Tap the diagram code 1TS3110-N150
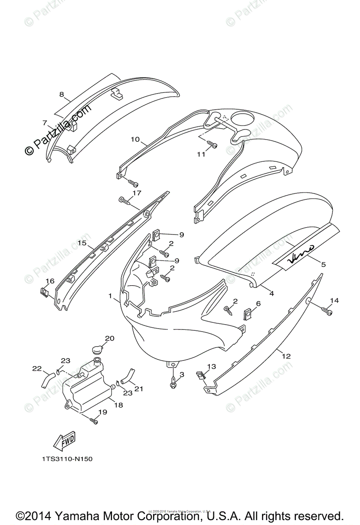pos(67,459)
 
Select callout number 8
pos(62,94)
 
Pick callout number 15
pos(81,242)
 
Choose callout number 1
pos(111,296)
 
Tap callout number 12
pos(286,357)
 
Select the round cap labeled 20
pos(98,349)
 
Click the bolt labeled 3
pos(173,384)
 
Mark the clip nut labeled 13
pos(202,375)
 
